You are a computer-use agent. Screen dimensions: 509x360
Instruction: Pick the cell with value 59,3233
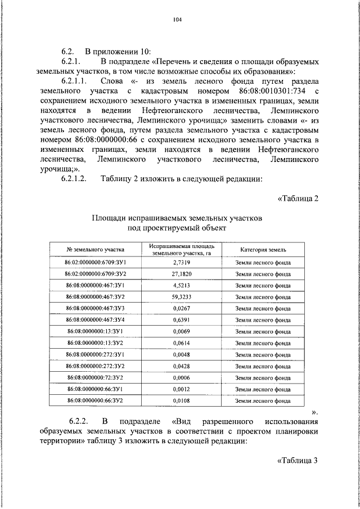pyautogui.click(x=181, y=296)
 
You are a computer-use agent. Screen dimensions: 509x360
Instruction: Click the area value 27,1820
pyautogui.click(x=181, y=274)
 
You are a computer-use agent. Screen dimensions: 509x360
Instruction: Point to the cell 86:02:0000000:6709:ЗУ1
pyautogui.click(x=95, y=263)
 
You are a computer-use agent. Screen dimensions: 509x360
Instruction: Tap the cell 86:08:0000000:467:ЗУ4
pyautogui.click(x=95, y=319)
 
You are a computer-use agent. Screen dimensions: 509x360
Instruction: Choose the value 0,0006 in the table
pyautogui.click(x=181, y=377)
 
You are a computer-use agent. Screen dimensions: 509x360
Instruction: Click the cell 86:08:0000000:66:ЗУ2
pyautogui.click(x=95, y=400)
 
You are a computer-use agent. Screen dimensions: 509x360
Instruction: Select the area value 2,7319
pyautogui.click(x=181, y=263)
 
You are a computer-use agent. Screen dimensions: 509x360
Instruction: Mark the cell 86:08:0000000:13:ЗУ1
pyautogui.click(x=95, y=331)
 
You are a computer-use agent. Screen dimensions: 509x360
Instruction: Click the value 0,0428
pyautogui.click(x=181, y=366)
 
